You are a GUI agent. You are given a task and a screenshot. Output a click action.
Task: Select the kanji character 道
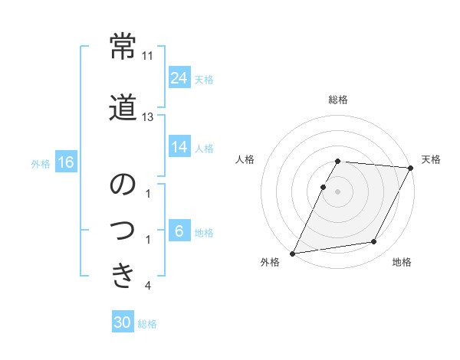[123, 108]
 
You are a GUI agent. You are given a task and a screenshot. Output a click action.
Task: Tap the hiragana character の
[123, 185]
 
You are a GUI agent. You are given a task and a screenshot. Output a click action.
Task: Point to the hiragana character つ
[123, 231]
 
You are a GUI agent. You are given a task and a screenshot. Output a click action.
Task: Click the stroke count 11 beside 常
[148, 56]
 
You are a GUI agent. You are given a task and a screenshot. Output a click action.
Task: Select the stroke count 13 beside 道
[148, 117]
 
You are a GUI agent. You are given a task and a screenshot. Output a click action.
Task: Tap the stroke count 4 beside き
[148, 286]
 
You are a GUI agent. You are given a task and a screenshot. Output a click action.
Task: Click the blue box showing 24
[179, 78]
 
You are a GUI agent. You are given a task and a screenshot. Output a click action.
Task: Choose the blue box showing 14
[179, 147]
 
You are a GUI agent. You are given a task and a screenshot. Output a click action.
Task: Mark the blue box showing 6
[179, 231]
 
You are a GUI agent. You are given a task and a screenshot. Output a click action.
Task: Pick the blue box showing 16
[65, 162]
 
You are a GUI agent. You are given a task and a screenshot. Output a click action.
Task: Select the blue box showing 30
[123, 323]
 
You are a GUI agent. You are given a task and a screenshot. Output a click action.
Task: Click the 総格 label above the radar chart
[338, 100]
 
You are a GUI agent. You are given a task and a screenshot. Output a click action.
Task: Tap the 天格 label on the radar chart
[431, 159]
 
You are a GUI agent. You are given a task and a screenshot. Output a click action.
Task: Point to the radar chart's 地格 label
[402, 262]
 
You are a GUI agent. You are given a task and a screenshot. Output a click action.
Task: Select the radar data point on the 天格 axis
[411, 169]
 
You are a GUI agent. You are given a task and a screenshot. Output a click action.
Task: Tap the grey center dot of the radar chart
[338, 191]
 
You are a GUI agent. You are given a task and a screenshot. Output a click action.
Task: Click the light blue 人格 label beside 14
[204, 148]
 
